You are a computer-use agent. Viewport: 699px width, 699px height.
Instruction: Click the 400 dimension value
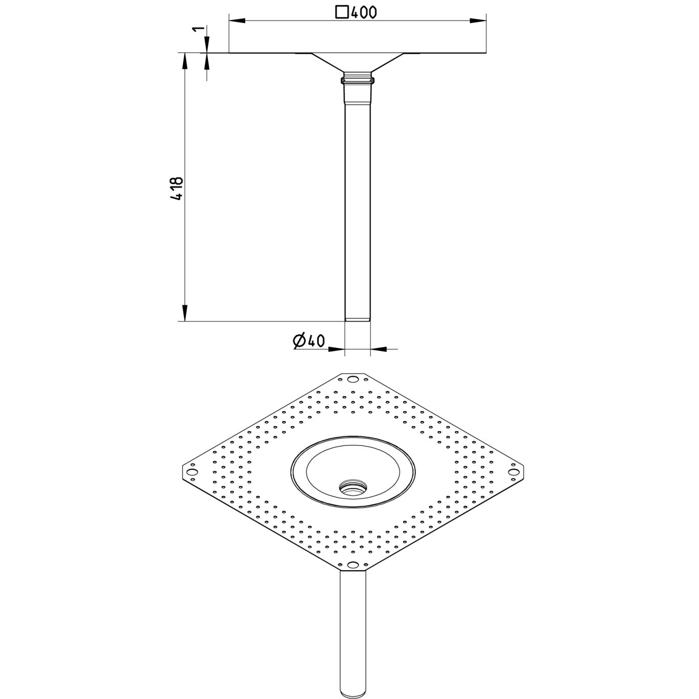[x=363, y=12]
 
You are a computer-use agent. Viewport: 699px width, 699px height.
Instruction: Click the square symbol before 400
[x=342, y=12]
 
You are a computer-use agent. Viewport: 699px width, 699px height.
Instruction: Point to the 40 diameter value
[x=316, y=341]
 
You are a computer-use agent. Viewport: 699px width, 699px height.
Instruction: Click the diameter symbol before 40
[x=300, y=341]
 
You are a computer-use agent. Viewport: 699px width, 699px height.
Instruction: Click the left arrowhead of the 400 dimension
[x=237, y=21]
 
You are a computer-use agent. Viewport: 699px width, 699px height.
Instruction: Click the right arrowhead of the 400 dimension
[x=477, y=21]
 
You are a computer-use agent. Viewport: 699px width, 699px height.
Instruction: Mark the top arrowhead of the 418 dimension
[x=185, y=61]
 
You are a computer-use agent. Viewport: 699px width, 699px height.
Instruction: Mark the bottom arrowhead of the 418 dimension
[x=185, y=313]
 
